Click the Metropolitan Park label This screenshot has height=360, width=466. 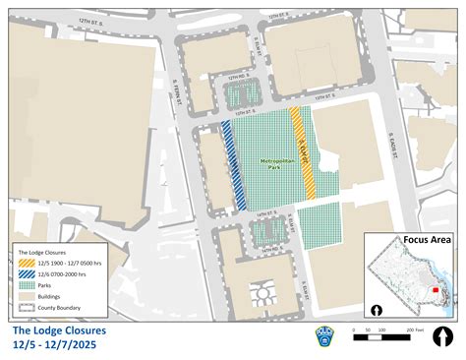click(x=274, y=163)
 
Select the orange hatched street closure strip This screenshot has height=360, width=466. click(x=304, y=152)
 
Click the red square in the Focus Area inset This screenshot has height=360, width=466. click(x=437, y=278)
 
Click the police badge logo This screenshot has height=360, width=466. click(x=323, y=335)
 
